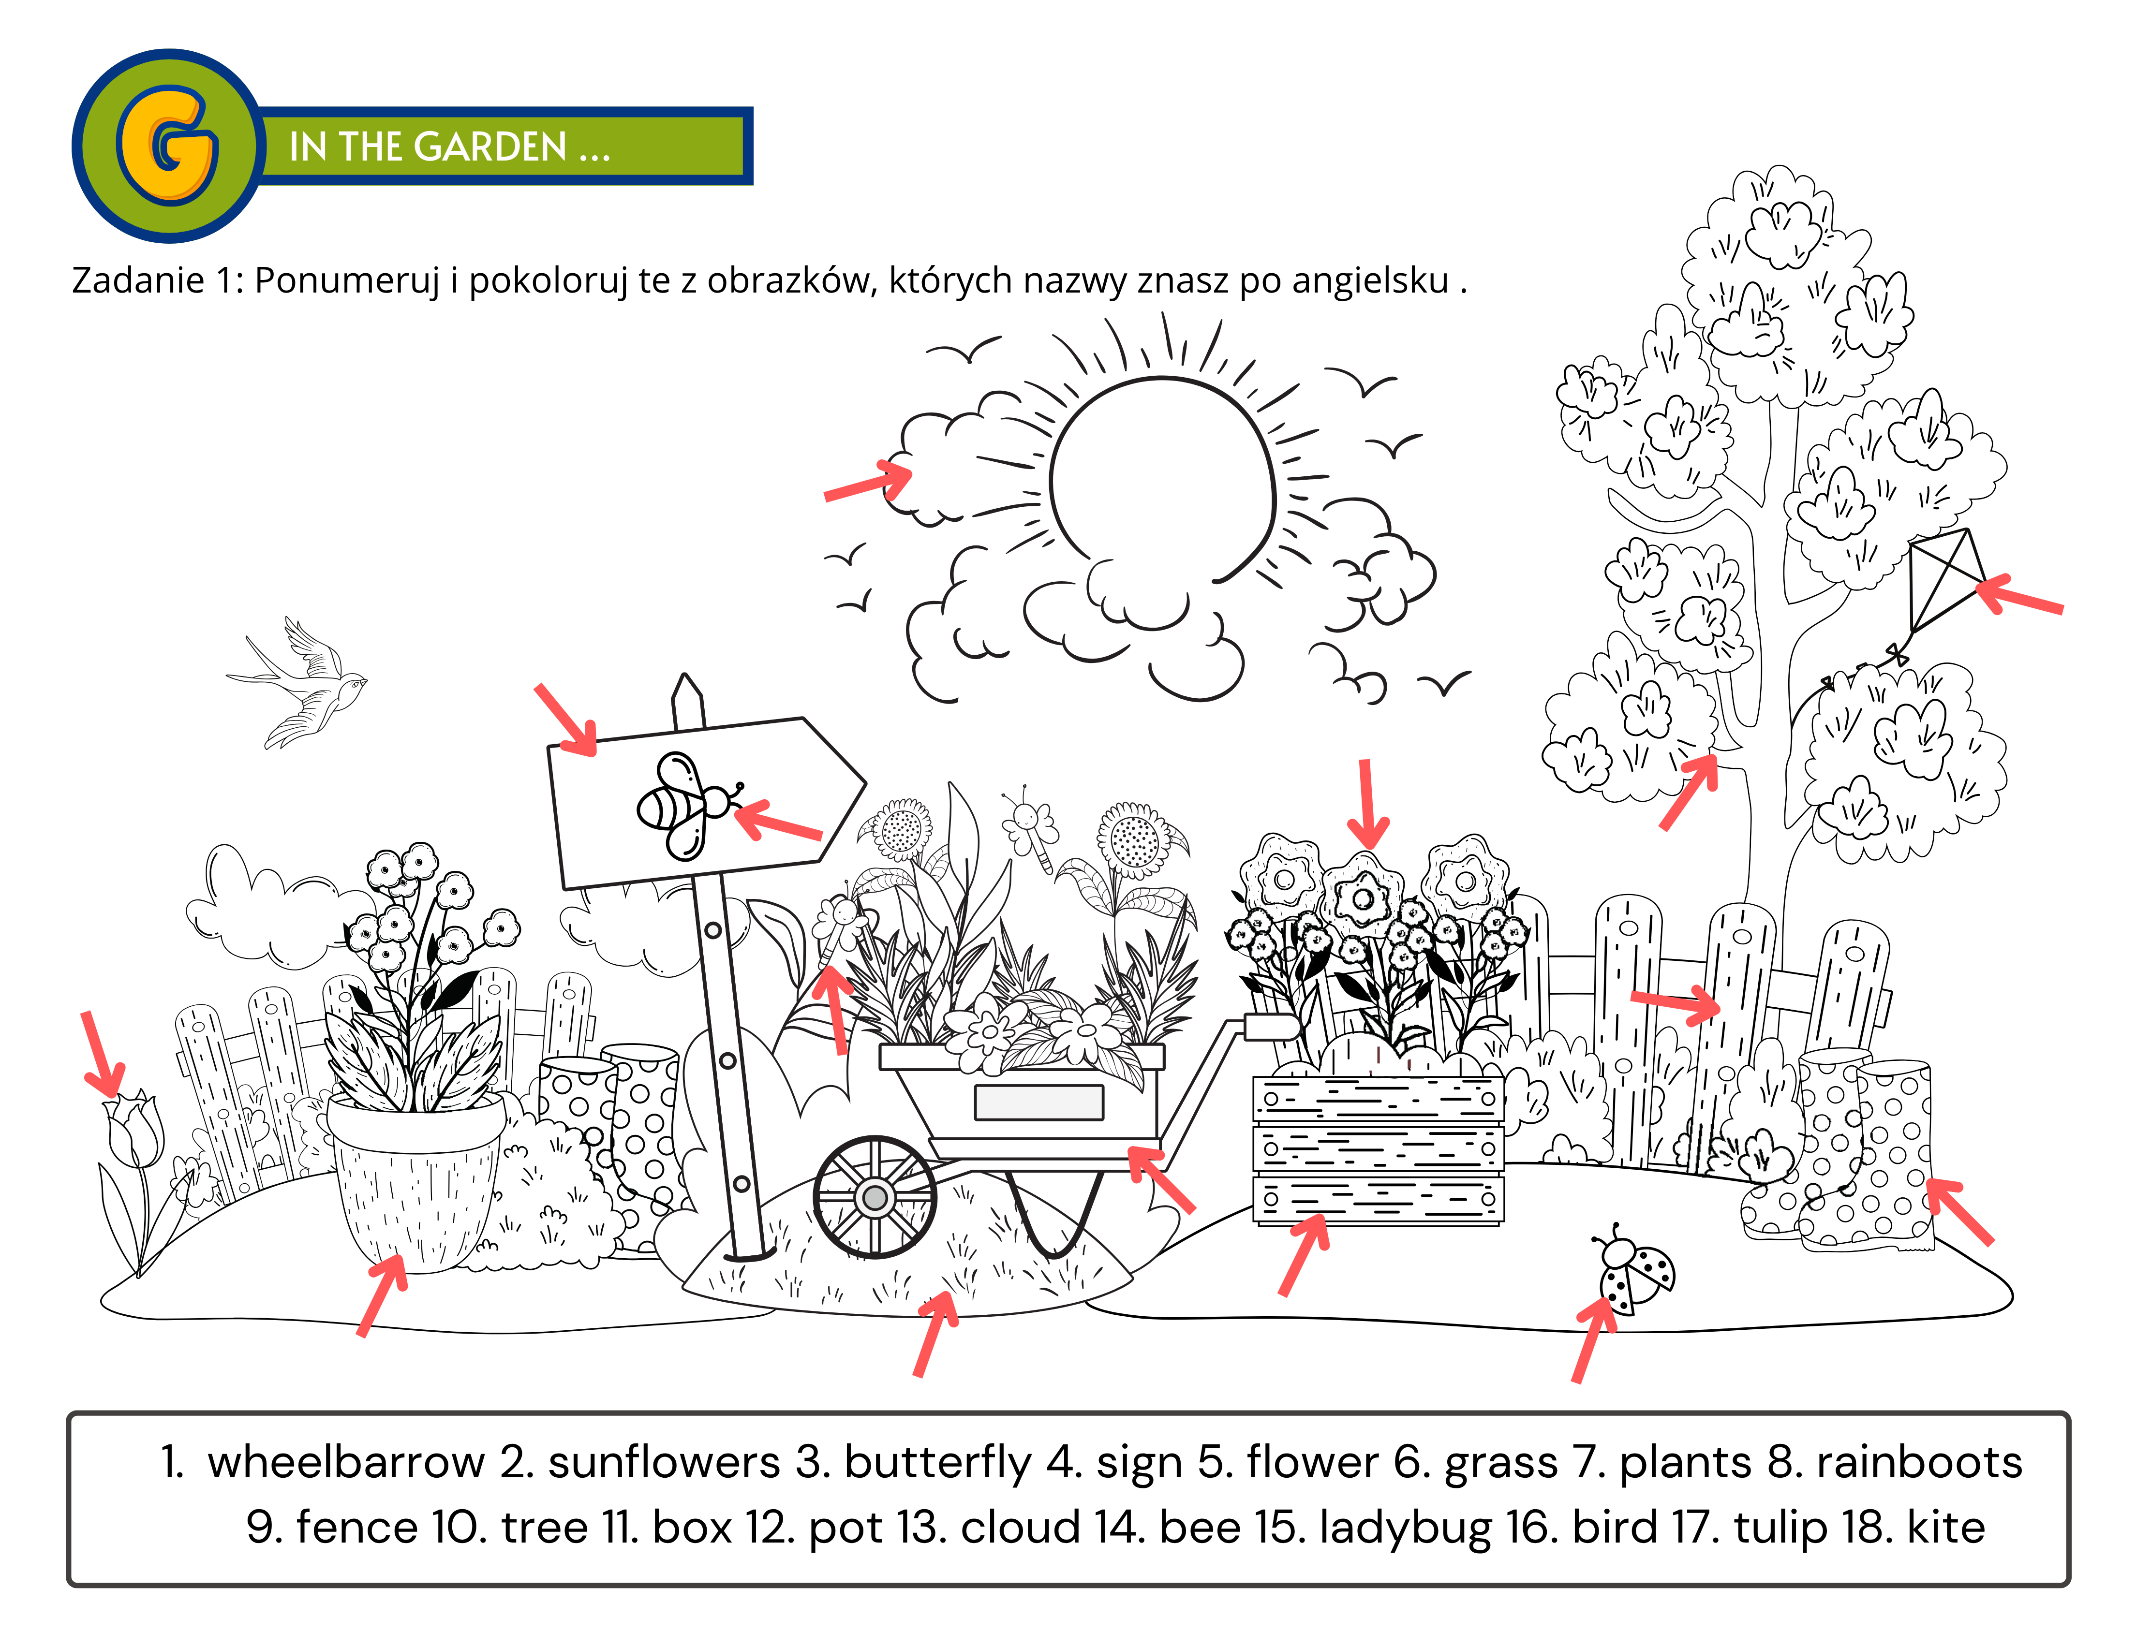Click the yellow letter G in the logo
coord(167,146)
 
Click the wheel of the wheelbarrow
coord(875,1197)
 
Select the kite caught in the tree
coord(1945,580)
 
